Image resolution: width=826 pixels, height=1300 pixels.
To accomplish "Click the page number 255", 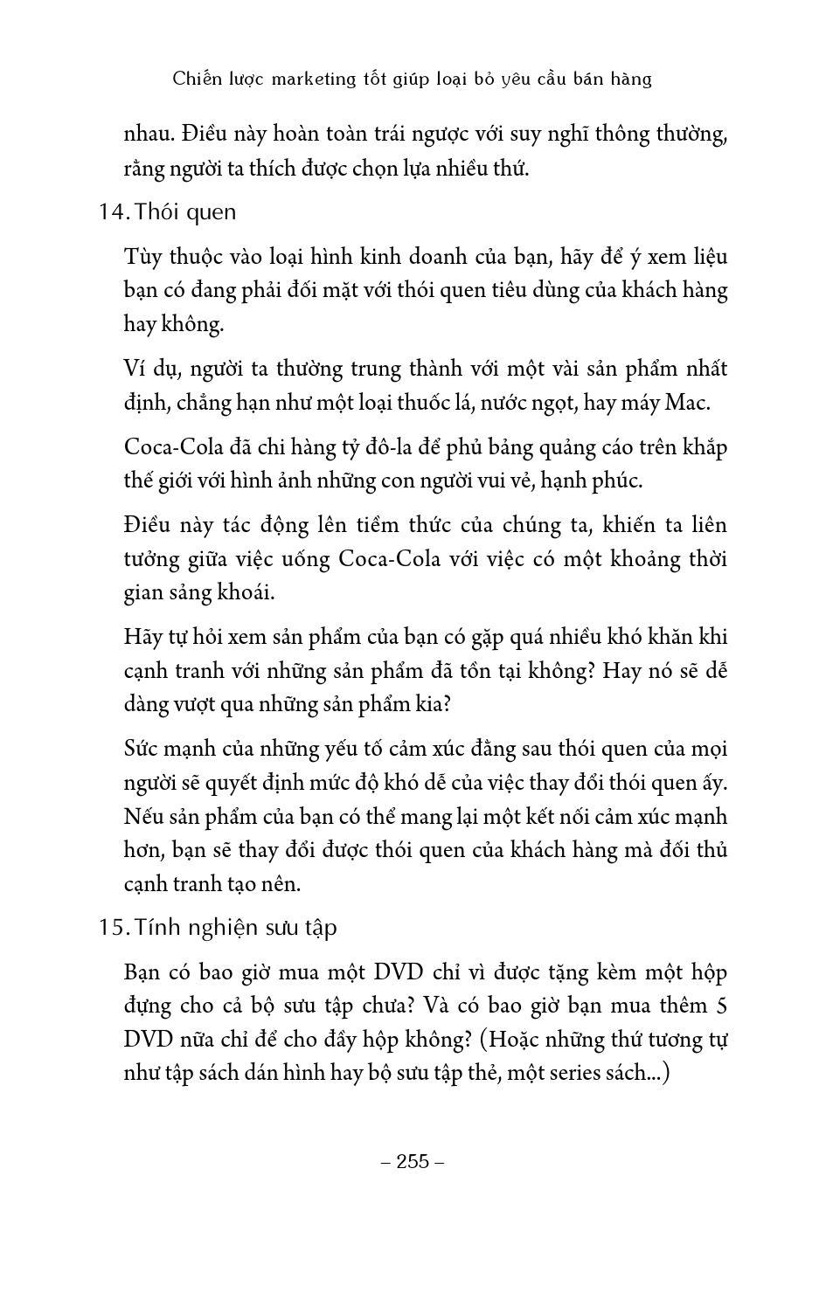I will click(x=413, y=1161).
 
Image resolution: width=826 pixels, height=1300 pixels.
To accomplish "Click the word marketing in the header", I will click(x=309, y=79).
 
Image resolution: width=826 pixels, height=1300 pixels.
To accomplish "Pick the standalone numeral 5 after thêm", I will click(x=721, y=1006).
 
